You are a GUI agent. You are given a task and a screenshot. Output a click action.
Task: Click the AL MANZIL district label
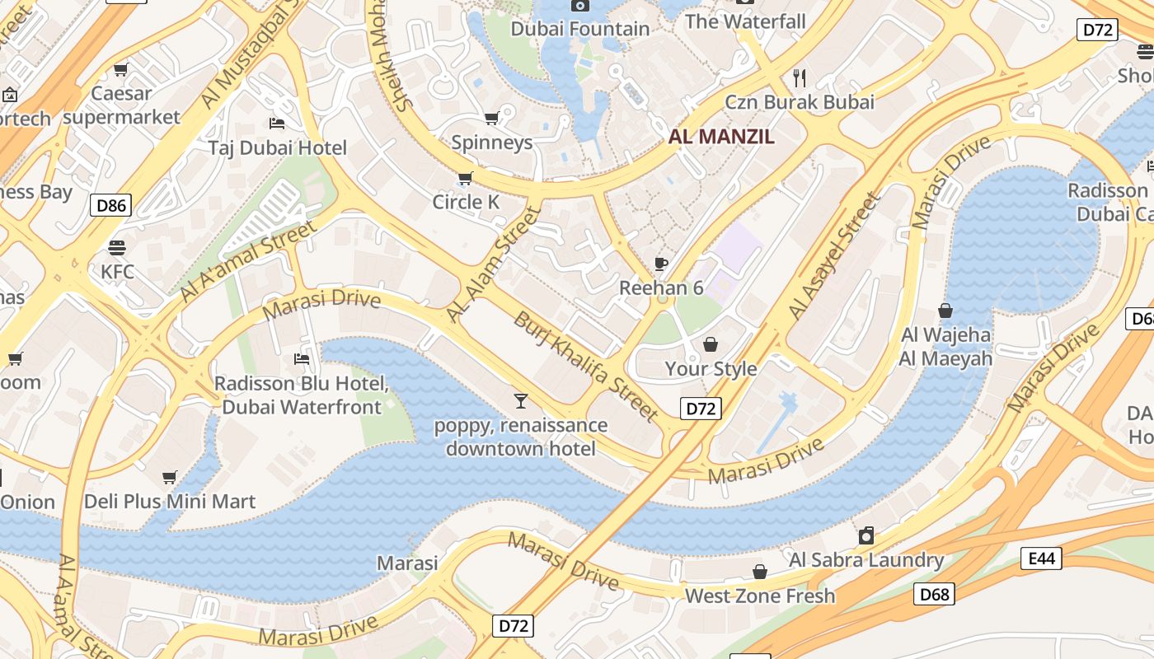point(721,137)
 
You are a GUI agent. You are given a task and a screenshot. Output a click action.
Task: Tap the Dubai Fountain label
point(580,29)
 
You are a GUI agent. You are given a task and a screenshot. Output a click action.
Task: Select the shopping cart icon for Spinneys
point(492,119)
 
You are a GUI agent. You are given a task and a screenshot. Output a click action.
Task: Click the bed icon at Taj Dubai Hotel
point(277,124)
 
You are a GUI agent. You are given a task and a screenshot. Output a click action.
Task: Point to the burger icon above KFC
point(117,247)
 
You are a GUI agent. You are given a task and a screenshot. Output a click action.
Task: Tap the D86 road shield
point(110,205)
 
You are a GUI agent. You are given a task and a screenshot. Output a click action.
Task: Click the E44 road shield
point(1041,559)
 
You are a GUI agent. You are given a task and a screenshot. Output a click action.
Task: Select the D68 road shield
point(934,594)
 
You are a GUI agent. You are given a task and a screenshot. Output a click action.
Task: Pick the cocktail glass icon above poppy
point(520,401)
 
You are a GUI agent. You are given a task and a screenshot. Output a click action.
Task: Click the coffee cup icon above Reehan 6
point(660,264)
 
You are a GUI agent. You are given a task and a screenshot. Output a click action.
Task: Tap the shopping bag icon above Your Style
point(711,344)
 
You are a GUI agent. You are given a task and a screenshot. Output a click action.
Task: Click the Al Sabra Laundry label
point(866,560)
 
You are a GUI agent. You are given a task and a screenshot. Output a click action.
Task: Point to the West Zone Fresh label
point(760,596)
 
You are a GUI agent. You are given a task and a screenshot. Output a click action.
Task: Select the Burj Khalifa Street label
point(585,367)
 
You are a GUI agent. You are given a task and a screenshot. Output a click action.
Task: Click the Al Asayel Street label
point(834,256)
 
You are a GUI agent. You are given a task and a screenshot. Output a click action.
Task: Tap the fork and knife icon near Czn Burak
point(799,78)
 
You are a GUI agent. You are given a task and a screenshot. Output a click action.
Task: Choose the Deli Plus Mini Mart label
point(170,501)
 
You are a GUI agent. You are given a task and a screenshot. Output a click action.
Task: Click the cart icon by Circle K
point(465,178)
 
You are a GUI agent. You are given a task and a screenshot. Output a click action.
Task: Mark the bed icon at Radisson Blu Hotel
point(302,359)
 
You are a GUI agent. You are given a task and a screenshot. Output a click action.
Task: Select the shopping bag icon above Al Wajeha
point(945,311)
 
